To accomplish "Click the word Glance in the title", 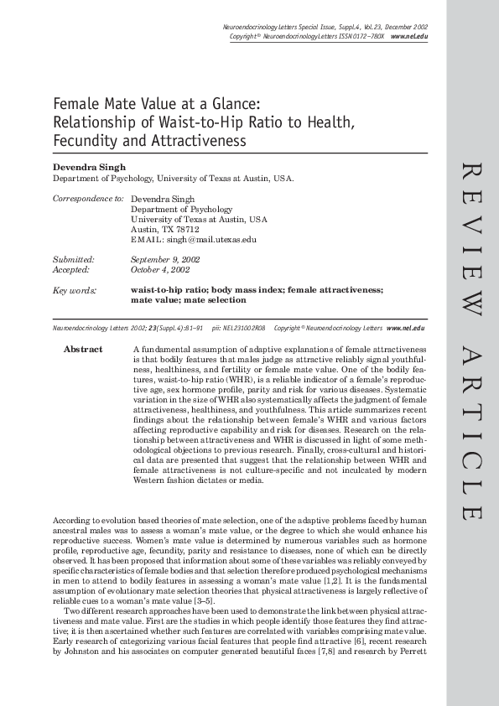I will coord(232,104).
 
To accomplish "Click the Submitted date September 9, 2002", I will coord(165,260).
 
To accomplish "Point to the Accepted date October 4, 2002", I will coord(160,270).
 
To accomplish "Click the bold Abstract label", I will coord(83,349).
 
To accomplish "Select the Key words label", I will coord(74,289).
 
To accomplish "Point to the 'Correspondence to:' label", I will coord(88,199).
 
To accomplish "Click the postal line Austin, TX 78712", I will coord(165,229).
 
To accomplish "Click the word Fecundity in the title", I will coord(88,141).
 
